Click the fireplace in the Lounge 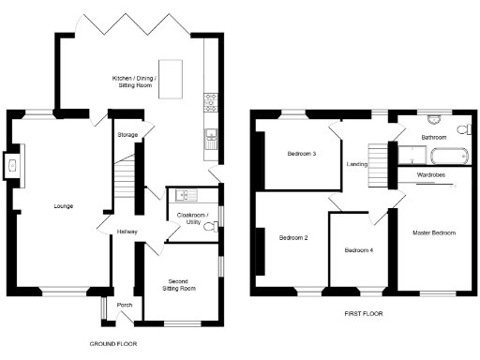point(12,167)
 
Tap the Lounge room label point(63,206)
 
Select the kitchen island point(171,85)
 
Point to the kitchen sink point(211,138)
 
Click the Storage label point(127,136)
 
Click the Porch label point(124,305)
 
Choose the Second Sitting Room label point(181,285)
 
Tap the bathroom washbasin point(433,120)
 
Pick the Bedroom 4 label point(358,250)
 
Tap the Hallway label point(127,232)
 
